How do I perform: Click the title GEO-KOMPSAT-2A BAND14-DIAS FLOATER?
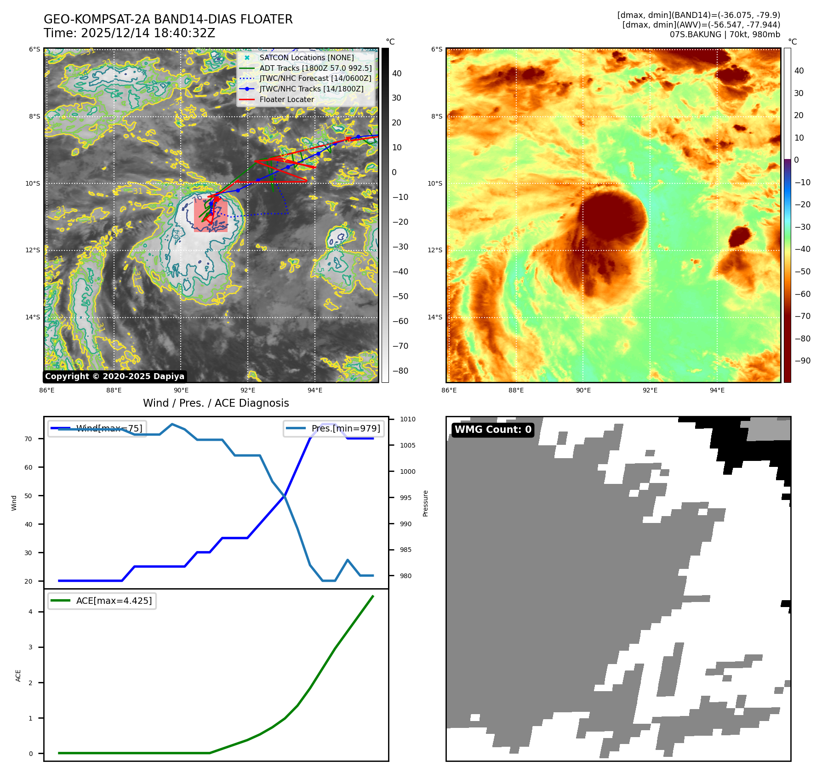168,19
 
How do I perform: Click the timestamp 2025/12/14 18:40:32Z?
148,33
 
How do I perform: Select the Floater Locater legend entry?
286,99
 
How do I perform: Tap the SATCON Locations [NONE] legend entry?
306,57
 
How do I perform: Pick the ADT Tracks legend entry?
315,68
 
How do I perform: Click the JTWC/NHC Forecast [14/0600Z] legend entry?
315,78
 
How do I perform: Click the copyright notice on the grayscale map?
114,376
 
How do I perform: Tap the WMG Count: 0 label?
493,430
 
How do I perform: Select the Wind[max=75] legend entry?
109,428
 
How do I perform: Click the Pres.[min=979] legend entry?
345,428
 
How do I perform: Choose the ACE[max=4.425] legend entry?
114,601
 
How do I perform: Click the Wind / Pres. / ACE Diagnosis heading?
216,403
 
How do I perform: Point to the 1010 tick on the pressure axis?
407,419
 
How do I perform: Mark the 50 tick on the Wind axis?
29,496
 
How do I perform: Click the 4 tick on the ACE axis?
31,612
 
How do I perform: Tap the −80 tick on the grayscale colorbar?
400,371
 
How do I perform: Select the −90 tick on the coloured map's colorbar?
802,361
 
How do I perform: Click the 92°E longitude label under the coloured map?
650,390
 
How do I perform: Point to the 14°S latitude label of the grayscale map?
33,317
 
